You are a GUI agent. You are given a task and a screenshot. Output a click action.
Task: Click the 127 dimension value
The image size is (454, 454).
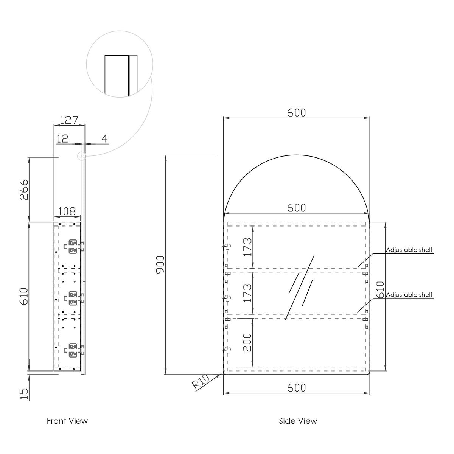pos(69,120)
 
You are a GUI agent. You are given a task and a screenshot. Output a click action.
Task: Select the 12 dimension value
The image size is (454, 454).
pos(62,138)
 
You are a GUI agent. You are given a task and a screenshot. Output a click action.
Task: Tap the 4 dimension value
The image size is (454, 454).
pos(104,138)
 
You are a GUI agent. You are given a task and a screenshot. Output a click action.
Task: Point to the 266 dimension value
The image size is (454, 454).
pos(24,190)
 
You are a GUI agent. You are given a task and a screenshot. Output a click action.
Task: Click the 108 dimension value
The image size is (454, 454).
pos(67,211)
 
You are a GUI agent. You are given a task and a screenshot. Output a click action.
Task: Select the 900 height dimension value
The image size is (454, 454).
pos(160,264)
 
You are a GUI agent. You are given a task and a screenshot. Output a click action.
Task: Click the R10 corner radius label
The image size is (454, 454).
pos(201,382)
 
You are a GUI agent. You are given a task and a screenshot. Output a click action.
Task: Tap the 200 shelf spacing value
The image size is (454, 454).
pos(247,342)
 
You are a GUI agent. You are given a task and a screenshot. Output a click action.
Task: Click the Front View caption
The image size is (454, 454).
pos(67,421)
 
